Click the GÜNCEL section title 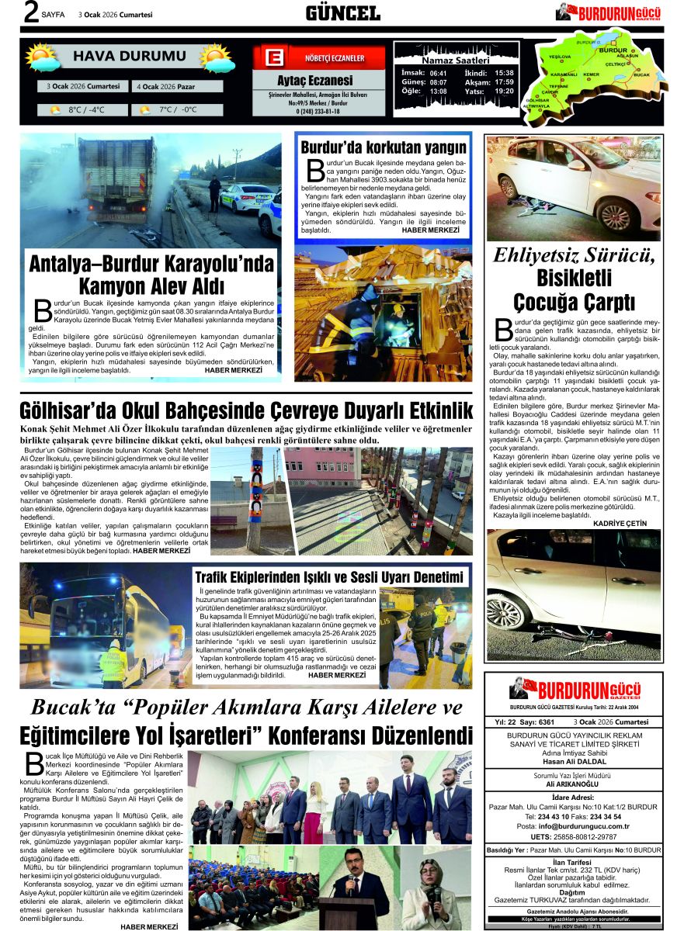pos(342,13)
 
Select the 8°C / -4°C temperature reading pos(86,109)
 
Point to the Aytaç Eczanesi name pos(314,80)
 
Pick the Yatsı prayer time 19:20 pos(504,92)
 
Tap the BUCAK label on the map pos(641,74)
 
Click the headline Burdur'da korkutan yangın pos(384,147)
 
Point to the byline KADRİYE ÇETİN pos(620,524)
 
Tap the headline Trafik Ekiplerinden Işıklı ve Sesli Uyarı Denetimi pos(329,577)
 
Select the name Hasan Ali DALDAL pos(574,761)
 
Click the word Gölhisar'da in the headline pos(73,410)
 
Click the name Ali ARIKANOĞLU pos(574,784)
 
